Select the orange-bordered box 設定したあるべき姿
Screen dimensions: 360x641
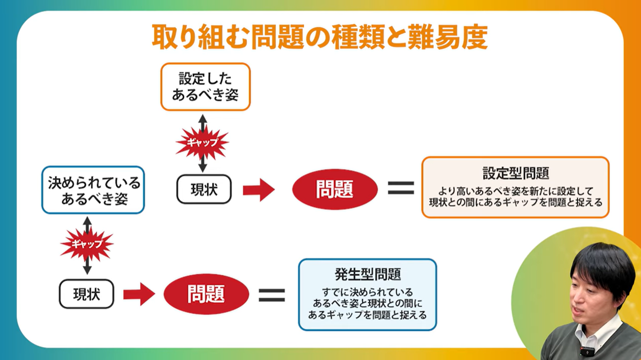pos(205,87)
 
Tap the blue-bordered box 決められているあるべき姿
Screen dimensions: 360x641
pos(94,190)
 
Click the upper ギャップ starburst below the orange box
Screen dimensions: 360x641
pos(202,142)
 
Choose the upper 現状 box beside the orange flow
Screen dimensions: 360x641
pos(204,189)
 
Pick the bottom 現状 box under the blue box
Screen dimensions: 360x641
pos(87,294)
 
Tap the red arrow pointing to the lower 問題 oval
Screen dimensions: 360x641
pos(139,294)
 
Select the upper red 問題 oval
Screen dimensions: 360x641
pos(335,189)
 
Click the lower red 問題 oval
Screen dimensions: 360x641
pos(206,294)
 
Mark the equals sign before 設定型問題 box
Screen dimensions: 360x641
pos(401,188)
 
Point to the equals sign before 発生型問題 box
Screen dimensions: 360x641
pos(272,294)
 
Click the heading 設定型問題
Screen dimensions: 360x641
pos(516,173)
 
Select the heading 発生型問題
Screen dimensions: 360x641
pos(368,274)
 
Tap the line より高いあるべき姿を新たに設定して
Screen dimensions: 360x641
pos(516,191)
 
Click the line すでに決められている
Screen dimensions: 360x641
pos(368,291)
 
